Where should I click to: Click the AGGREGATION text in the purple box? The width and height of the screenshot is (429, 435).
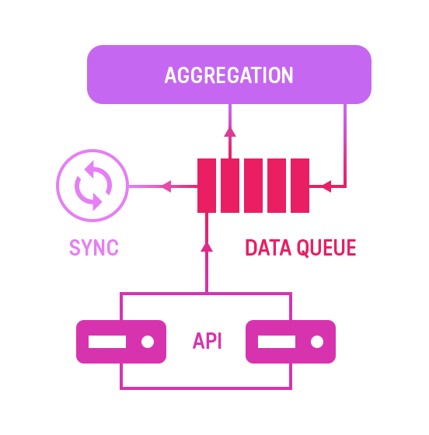click(229, 75)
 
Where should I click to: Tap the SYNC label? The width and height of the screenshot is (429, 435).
click(94, 248)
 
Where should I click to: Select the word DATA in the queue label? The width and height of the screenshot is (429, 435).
click(268, 248)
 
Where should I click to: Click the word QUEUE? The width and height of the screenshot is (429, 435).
click(326, 248)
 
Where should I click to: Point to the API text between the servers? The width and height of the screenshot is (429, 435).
click(207, 341)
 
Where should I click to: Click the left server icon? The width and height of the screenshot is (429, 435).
click(121, 342)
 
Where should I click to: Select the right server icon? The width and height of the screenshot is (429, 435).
click(291, 342)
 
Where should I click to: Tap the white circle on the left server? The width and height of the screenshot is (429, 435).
click(148, 342)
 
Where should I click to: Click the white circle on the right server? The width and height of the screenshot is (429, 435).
click(317, 342)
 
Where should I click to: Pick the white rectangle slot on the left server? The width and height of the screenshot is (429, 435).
click(107, 342)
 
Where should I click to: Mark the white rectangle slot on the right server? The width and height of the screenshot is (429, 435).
click(277, 342)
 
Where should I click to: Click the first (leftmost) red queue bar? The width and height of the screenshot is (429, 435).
click(207, 186)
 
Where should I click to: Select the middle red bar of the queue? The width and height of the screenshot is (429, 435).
click(253, 186)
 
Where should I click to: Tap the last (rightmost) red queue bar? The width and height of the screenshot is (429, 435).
click(300, 186)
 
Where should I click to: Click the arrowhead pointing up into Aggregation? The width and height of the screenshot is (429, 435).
click(230, 132)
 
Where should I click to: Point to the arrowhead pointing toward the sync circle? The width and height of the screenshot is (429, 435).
click(166, 186)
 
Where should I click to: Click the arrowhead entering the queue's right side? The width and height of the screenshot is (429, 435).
click(326, 186)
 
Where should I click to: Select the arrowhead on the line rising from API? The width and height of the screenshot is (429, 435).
click(207, 247)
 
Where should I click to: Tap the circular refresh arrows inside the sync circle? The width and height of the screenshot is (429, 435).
click(93, 186)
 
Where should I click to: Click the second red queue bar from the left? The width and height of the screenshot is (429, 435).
click(230, 186)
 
